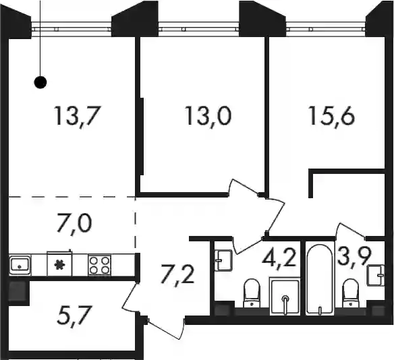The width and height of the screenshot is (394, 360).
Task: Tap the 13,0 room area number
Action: (208, 116)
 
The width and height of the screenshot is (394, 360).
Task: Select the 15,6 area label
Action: (332, 116)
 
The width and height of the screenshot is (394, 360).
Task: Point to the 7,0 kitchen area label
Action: (74, 223)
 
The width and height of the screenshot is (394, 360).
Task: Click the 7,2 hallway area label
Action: (177, 274)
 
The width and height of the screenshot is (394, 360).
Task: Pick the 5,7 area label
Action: (74, 316)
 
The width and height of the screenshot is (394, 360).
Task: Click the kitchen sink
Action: (20, 265)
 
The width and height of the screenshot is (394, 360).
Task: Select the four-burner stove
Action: (99, 265)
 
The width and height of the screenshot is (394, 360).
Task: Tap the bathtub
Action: (320, 279)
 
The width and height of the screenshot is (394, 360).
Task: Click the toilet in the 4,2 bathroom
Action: (252, 293)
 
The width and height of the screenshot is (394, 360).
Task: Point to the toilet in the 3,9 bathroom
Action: (351, 293)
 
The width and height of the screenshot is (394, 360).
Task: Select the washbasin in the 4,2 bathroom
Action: (223, 260)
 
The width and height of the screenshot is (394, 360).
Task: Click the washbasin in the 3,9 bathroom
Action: (376, 275)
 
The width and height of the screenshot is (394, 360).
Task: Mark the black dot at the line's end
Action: (40, 82)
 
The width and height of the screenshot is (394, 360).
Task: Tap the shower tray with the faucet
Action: (285, 296)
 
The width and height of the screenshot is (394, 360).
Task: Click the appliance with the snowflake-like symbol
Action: (59, 264)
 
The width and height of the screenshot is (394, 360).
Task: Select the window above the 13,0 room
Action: (198, 27)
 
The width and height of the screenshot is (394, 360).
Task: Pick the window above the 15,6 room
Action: (326, 27)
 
